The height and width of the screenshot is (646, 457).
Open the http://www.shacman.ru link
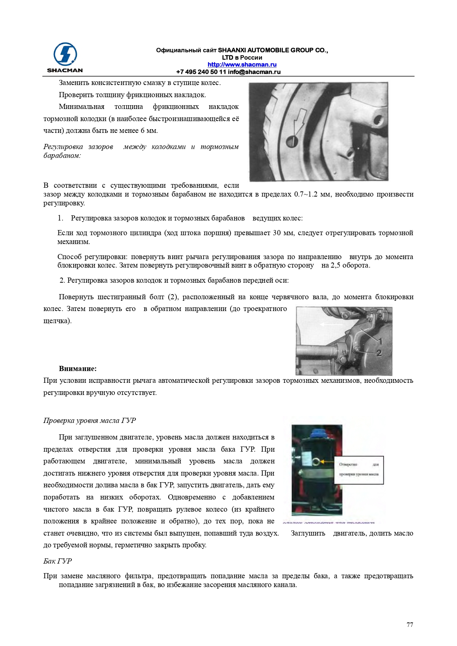(242, 65)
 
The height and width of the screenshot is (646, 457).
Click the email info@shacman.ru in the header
(254, 72)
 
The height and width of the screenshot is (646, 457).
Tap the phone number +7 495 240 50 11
(201, 72)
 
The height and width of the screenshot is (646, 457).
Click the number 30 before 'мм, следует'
(277, 233)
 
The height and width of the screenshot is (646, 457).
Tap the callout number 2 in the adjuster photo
(379, 353)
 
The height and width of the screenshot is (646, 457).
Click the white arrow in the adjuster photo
(331, 324)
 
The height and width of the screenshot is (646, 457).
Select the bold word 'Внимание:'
(78, 369)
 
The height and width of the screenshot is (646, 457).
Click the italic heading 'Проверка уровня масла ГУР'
(89, 421)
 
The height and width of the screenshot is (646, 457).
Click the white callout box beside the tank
(359, 470)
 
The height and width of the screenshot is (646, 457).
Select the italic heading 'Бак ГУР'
(57, 561)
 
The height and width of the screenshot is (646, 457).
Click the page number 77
(409, 625)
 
